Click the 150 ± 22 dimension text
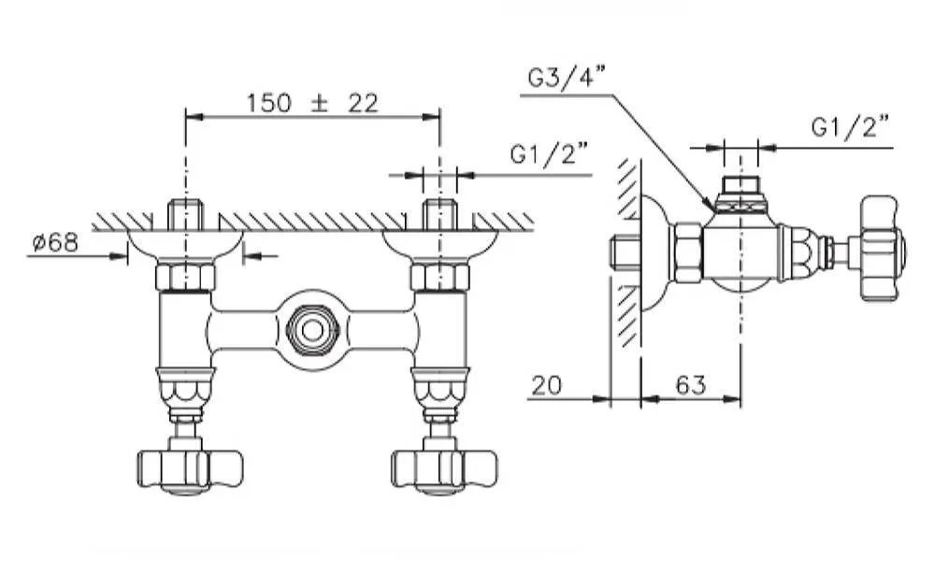tap(312, 103)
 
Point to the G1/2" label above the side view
tap(849, 127)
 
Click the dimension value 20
tap(548, 384)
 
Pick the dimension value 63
tap(691, 384)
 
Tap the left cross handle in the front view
tap(190, 467)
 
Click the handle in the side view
tap(883, 249)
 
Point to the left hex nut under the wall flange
tap(186, 277)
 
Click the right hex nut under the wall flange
tap(439, 277)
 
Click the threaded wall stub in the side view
tap(624, 252)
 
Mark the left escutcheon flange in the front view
tap(185, 245)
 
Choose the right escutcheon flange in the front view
tap(439, 245)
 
